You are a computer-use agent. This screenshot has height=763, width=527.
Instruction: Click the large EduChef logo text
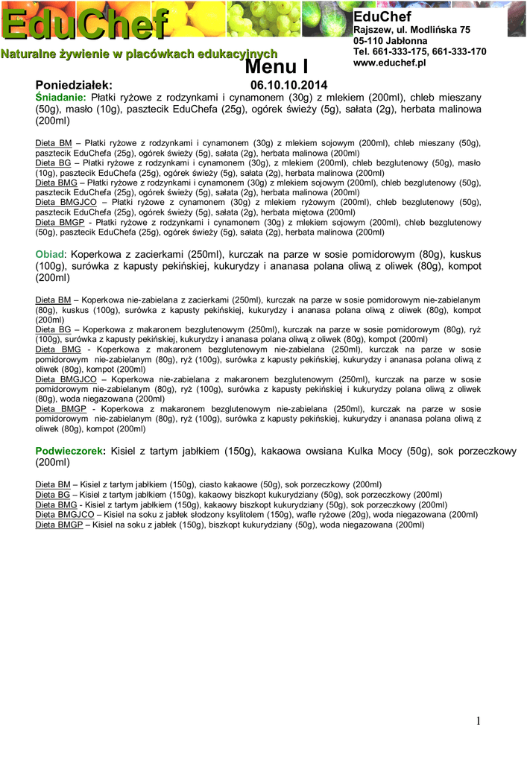pyautogui.click(x=85, y=25)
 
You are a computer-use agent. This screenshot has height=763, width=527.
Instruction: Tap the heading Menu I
pyautogui.click(x=277, y=68)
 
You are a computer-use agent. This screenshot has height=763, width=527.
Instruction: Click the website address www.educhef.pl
pyautogui.click(x=388, y=64)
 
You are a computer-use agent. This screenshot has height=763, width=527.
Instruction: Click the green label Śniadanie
pyautogui.click(x=61, y=98)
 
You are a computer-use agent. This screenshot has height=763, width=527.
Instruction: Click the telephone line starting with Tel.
pyautogui.click(x=420, y=52)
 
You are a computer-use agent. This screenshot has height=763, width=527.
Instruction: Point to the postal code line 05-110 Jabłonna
pyautogui.click(x=391, y=40)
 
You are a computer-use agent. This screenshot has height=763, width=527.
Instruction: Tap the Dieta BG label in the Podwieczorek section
pyautogui.click(x=53, y=495)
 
